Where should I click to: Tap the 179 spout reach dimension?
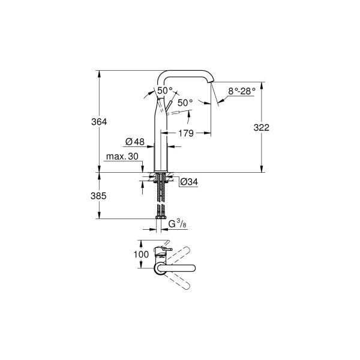click(x=185, y=134)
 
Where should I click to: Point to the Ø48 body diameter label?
click(x=135, y=142)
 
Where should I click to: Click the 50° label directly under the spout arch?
click(x=164, y=90)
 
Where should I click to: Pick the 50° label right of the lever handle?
click(x=185, y=103)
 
